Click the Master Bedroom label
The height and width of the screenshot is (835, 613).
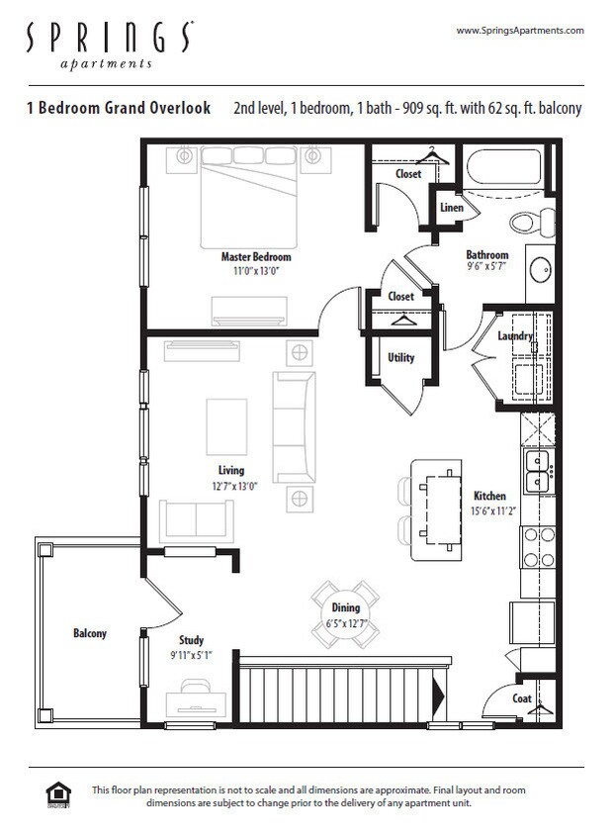coord(255,256)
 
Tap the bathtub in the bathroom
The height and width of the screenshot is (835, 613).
coord(503,167)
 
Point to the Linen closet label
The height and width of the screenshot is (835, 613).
coord(451,208)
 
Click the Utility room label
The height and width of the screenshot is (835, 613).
coord(400,358)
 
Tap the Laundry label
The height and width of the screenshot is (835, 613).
coord(515,336)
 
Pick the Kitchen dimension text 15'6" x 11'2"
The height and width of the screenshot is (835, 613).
coord(488,511)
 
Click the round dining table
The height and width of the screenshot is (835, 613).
coord(345,613)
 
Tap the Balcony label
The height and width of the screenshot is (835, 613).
coord(89,633)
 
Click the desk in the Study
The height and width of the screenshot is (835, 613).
coord(194,701)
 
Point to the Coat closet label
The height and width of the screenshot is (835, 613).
coord(521,698)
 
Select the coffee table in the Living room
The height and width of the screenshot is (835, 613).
coord(226,427)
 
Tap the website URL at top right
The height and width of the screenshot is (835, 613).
coord(519,31)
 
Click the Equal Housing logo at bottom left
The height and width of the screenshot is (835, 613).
coord(57,795)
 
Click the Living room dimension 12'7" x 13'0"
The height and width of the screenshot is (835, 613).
coord(231,486)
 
